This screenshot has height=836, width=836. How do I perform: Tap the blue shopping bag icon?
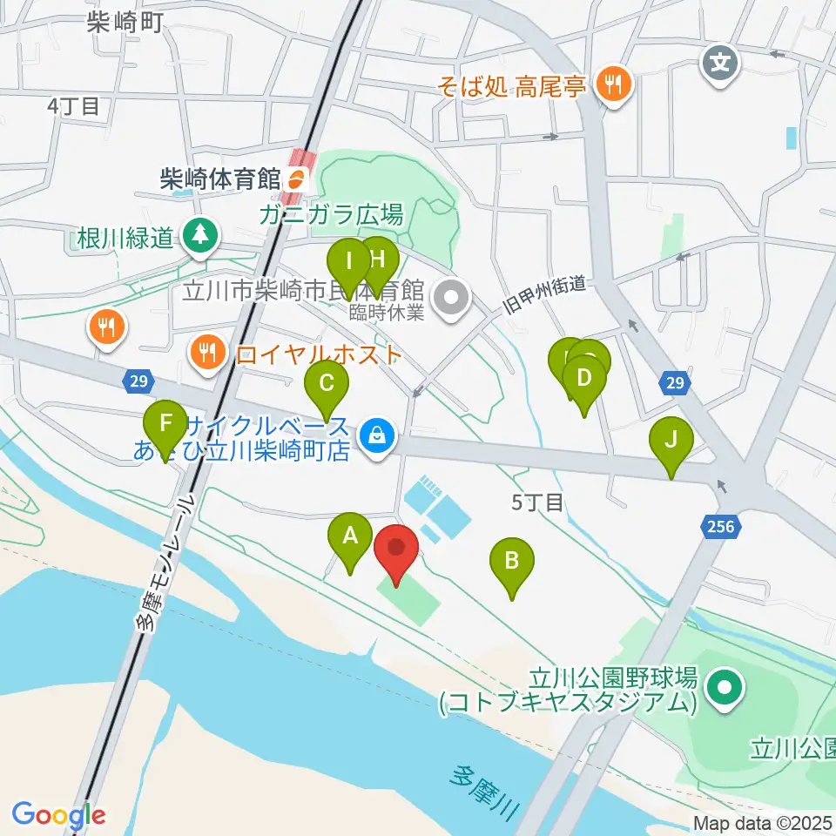(x=377, y=432)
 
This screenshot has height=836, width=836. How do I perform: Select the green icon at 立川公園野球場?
(x=724, y=689)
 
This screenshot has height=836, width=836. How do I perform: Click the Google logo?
(x=58, y=814)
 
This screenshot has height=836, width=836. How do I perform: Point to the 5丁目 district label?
(x=537, y=502)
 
